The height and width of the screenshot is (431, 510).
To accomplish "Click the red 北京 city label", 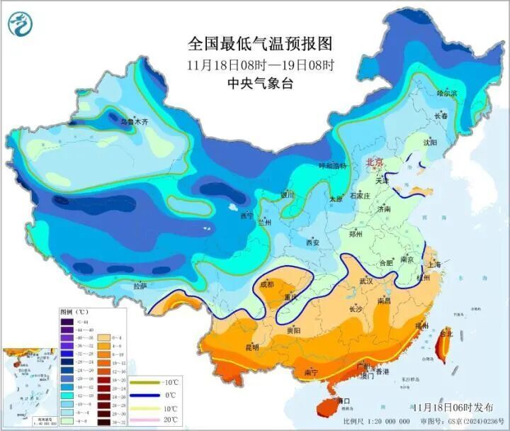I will pyautogui.click(x=375, y=163).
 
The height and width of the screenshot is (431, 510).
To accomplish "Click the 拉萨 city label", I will pyautogui.click(x=140, y=286).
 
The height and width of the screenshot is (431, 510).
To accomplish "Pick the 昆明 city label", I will pyautogui.click(x=251, y=347).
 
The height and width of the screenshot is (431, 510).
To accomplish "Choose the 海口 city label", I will pyautogui.click(x=344, y=401).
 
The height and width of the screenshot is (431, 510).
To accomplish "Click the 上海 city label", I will pyautogui.click(x=434, y=264).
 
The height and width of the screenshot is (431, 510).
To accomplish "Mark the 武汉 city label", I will pyautogui.click(x=365, y=281).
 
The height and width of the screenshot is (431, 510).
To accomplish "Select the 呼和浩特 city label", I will pyautogui.click(x=333, y=166).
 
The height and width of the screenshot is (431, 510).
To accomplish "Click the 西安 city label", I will pyautogui.click(x=313, y=242).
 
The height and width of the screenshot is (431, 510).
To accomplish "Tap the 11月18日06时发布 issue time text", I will pyautogui.click(x=453, y=407).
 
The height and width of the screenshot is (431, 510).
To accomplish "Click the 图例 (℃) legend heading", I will pyautogui.click(x=73, y=312).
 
